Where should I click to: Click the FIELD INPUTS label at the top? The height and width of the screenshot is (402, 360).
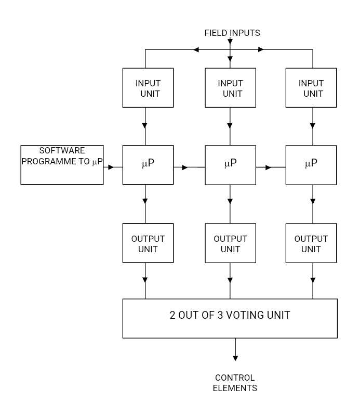(232, 33)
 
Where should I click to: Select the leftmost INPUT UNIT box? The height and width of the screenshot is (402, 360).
(148, 88)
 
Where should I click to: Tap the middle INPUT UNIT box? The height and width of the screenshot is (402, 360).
(230, 88)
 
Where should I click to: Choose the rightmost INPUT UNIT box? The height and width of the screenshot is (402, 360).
(311, 88)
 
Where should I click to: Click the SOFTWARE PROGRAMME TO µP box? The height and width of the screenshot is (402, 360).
(62, 165)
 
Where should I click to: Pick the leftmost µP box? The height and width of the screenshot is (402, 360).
(148, 165)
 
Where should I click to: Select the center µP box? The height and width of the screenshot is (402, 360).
(230, 165)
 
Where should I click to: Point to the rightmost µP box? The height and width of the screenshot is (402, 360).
(311, 165)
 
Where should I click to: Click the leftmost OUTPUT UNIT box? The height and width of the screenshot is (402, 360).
(148, 243)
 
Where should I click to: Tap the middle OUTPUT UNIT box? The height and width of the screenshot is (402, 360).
(230, 243)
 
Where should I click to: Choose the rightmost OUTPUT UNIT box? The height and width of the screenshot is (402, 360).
(311, 243)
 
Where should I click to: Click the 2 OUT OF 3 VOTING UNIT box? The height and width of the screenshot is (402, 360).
(230, 318)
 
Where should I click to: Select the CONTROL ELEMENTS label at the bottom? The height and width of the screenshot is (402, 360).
(235, 383)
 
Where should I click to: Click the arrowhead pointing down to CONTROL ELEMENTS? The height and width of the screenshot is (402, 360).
(235, 358)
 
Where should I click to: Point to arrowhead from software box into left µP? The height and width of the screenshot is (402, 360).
(111, 167)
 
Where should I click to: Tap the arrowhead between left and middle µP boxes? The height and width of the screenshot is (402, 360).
(184, 167)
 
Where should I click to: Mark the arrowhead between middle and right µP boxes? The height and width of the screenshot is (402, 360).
(268, 167)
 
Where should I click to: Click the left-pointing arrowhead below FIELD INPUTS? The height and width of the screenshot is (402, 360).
(196, 50)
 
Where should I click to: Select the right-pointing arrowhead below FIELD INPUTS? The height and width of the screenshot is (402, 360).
(261, 50)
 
